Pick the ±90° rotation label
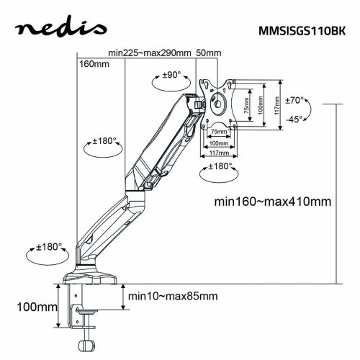pyautogui.click(x=171, y=73)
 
